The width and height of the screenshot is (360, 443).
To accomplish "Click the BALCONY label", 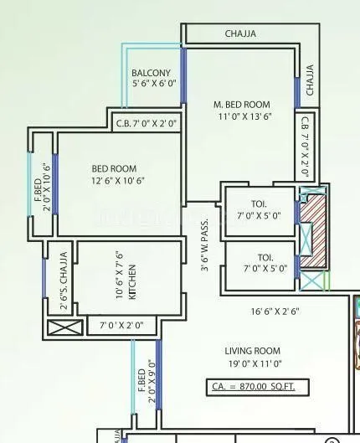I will (x=151, y=73).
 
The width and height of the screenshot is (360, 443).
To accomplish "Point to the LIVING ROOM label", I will (x=252, y=350).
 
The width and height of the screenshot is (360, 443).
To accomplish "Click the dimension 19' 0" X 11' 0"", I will (x=252, y=364).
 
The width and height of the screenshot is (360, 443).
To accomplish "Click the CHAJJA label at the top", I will (x=240, y=34).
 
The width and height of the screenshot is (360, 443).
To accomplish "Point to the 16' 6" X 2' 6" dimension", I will (x=275, y=311).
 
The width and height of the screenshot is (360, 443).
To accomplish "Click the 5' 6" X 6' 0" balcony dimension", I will (x=152, y=84).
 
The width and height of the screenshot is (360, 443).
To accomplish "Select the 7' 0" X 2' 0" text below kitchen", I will (x=122, y=324).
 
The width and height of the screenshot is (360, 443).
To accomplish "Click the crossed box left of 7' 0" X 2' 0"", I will (x=64, y=326).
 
